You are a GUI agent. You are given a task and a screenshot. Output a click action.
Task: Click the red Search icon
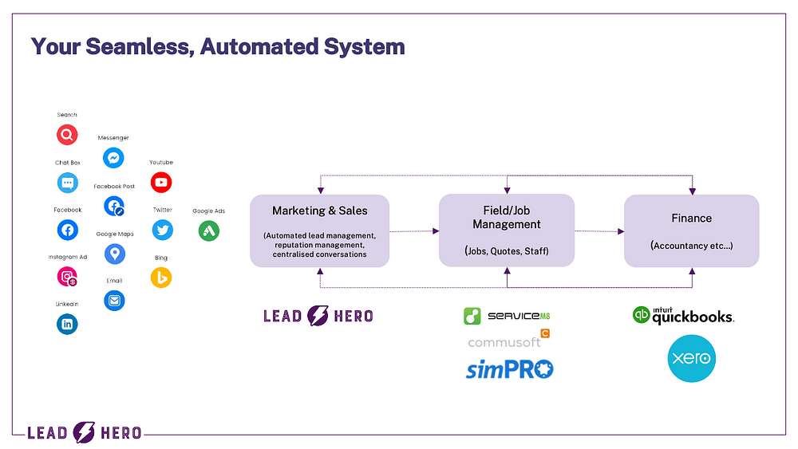click(x=67, y=135)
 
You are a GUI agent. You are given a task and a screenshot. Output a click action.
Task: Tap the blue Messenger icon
click(x=114, y=158)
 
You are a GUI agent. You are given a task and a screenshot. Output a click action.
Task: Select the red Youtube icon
click(x=161, y=183)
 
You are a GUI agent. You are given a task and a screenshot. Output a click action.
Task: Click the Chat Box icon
click(x=68, y=183)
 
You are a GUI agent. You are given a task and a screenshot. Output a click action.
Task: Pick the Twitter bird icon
click(x=163, y=230)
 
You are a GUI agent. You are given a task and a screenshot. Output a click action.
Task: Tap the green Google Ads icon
click(x=209, y=231)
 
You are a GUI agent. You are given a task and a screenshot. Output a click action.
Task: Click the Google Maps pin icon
click(x=115, y=254)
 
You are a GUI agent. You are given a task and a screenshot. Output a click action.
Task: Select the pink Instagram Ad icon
click(x=68, y=277)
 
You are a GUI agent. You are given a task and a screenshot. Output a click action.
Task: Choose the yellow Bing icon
click(x=161, y=278)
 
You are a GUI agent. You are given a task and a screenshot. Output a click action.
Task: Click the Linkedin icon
click(x=68, y=324)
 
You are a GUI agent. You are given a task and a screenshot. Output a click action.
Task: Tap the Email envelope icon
click(x=114, y=301)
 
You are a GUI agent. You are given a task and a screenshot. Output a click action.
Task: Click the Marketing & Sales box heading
click(x=320, y=211)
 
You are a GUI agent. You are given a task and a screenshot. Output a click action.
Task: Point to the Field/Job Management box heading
click(x=507, y=218)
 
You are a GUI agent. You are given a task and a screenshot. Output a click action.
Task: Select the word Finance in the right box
click(x=692, y=218)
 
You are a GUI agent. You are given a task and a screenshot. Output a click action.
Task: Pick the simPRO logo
click(x=509, y=369)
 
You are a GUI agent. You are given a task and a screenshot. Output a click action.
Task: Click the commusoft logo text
click(x=504, y=342)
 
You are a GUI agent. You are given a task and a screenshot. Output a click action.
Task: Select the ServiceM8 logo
click(x=507, y=316)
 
